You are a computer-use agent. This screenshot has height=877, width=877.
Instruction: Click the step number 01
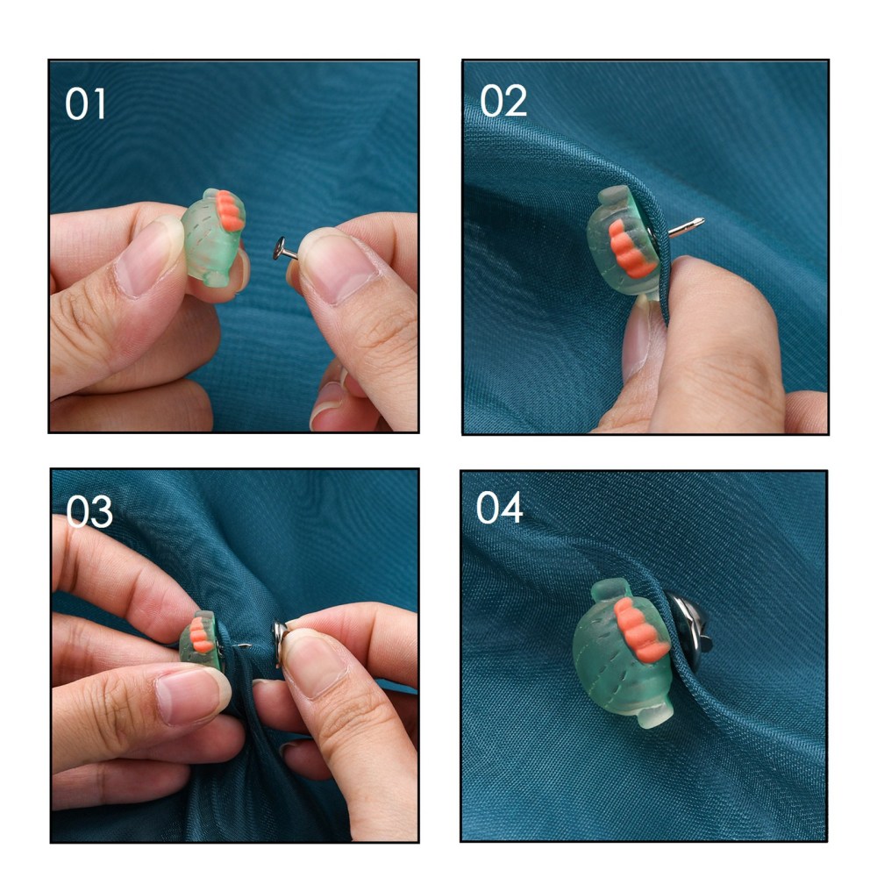(85, 104)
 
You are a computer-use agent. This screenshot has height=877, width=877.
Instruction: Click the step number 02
(503, 101)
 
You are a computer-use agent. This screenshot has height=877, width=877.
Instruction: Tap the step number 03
(89, 511)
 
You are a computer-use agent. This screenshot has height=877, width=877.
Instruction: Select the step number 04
(499, 508)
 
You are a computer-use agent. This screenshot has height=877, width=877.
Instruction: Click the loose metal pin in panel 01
(285, 249)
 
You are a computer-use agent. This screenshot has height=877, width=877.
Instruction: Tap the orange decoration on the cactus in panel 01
(231, 210)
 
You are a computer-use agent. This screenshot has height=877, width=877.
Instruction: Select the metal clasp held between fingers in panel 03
(280, 643)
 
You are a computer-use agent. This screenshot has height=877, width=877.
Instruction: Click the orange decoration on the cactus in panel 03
(201, 635)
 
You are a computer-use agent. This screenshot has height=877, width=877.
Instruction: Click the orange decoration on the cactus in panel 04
(640, 630)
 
